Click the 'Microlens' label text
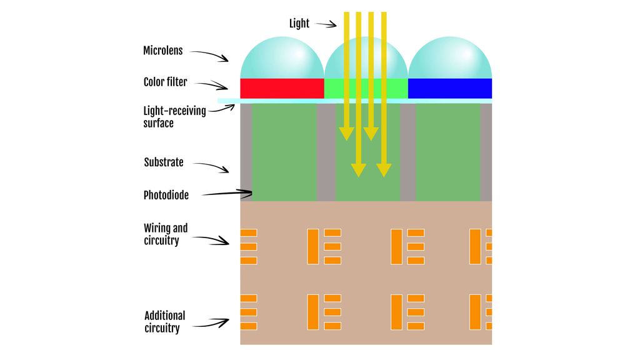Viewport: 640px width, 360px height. point(162,51)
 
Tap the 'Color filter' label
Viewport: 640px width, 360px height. point(165,82)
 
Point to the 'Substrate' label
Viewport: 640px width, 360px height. point(164,162)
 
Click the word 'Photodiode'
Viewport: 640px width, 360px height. point(166,195)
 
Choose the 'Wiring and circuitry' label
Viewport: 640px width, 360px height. point(166,234)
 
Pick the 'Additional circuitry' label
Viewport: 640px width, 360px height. point(164,322)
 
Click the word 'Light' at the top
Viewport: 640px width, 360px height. point(299,24)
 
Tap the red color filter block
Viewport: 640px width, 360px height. point(282,88)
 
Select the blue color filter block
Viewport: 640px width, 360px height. point(449,88)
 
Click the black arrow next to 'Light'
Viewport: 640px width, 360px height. point(325,24)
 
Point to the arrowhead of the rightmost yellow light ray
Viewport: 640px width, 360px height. point(384,169)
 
